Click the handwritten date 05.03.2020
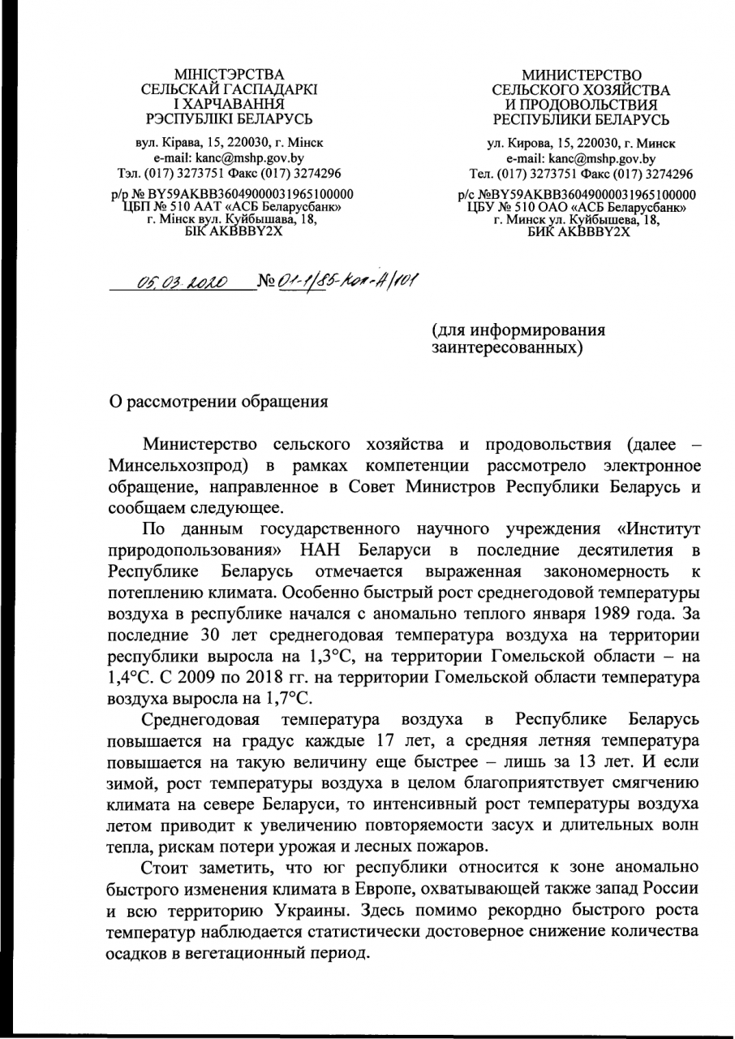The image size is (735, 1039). click(183, 282)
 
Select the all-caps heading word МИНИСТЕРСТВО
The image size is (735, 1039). click(581, 75)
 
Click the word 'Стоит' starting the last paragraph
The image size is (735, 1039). click(162, 869)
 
